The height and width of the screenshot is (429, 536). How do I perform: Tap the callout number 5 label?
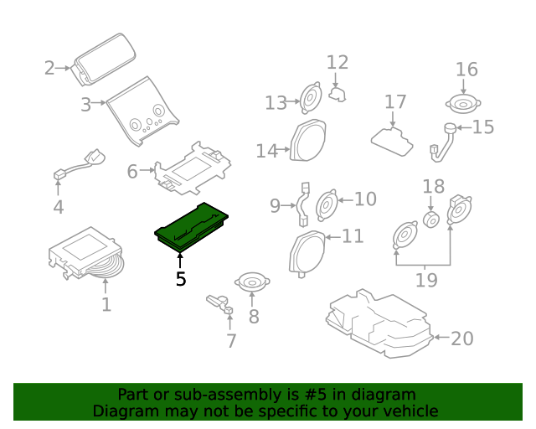point(181,279)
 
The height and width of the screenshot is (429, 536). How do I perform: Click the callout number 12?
point(337,62)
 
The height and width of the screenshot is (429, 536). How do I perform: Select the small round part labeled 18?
point(432,219)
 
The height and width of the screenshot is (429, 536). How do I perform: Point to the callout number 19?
point(426,279)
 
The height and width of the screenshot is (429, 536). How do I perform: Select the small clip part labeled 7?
point(219,303)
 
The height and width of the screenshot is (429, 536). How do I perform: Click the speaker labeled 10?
point(326,203)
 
